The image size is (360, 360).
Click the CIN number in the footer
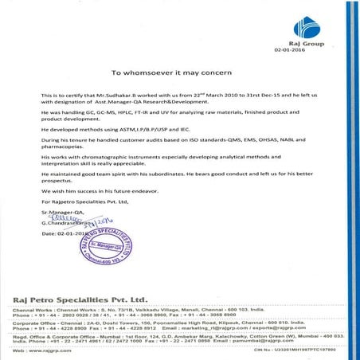[x=311, y=348]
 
